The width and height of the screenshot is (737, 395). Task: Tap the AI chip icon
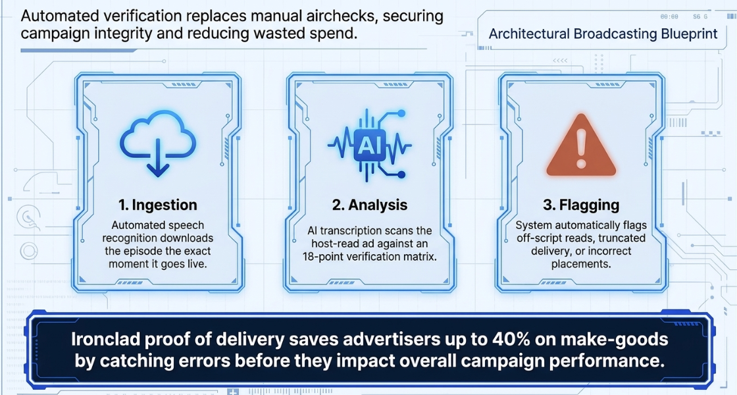369,145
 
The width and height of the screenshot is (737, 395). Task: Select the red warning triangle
581,145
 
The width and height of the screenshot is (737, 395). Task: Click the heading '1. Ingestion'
158,205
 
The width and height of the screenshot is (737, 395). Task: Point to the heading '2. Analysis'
369,205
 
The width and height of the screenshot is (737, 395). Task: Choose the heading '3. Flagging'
581,205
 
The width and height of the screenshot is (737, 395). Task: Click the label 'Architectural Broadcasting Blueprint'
603,34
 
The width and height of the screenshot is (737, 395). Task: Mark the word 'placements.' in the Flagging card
581,264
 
